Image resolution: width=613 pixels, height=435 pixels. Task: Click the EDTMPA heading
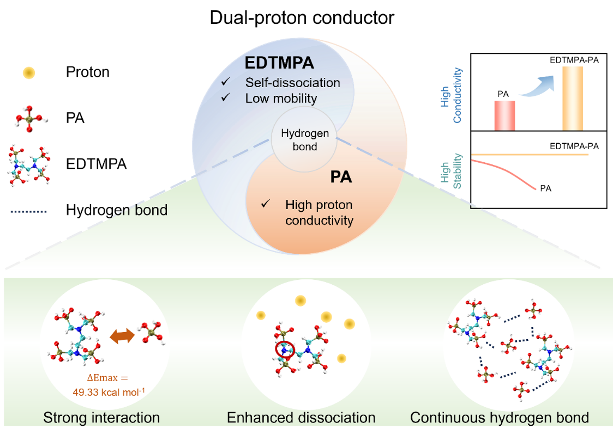coord(279,63)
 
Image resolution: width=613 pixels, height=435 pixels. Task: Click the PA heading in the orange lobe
coord(341,177)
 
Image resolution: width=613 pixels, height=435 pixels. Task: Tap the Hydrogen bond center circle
coord(305,140)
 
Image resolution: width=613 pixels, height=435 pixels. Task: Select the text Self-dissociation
coord(292,83)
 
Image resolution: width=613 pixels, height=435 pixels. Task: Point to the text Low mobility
coord(281,99)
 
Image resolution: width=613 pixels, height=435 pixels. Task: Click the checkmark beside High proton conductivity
coord(266,204)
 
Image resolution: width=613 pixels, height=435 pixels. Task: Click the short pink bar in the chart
coord(504,115)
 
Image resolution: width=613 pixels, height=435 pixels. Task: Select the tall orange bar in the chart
coord(573,99)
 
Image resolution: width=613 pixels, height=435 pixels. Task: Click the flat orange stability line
coord(529,155)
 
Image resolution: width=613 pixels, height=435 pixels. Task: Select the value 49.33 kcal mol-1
coord(102,392)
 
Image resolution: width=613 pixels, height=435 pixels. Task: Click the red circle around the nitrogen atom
coord(284,350)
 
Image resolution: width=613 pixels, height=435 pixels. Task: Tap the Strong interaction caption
coord(101,418)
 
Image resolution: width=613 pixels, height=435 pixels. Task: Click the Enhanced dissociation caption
coord(301,418)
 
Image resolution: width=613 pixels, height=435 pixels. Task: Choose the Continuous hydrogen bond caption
coord(499,418)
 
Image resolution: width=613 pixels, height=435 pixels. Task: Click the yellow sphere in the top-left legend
coord(29,73)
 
